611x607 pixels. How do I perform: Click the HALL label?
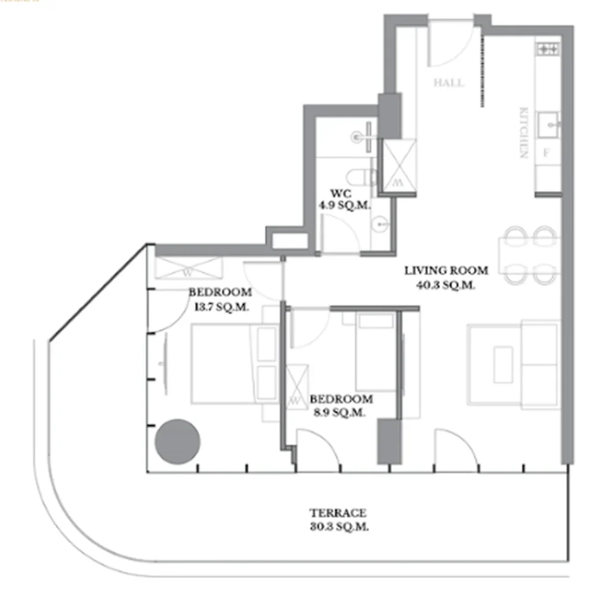[449, 83]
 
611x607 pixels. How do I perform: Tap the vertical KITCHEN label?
[524, 133]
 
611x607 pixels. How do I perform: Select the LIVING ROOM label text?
[446, 270]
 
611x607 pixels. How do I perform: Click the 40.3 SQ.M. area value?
[446, 285]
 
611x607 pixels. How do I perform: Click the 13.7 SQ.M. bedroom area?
[220, 307]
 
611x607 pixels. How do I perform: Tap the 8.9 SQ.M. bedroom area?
[337, 412]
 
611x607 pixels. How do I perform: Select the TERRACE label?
[338, 513]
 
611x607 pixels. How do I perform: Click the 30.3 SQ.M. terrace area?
[338, 527]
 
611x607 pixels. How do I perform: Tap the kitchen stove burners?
[548, 48]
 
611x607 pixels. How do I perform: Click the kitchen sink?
[548, 124]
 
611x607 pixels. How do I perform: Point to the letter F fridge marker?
[545, 152]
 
